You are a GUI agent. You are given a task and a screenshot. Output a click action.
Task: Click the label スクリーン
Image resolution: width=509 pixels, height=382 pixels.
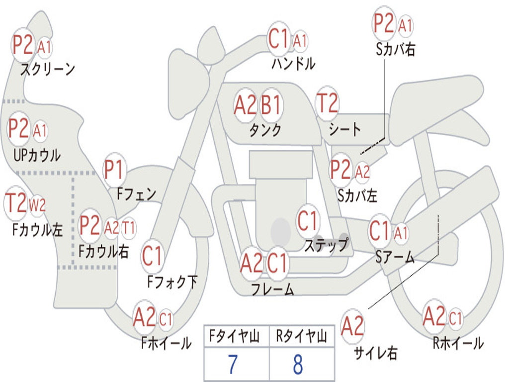point(47,69)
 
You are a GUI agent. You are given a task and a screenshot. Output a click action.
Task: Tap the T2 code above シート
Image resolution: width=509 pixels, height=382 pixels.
point(327,104)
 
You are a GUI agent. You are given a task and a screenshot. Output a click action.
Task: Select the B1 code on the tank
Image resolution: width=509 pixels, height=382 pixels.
point(271,105)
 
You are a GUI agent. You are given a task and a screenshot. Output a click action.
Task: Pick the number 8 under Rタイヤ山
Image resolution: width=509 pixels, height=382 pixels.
point(298,365)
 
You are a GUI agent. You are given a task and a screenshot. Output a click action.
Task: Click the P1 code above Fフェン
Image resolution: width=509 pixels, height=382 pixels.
point(114,171)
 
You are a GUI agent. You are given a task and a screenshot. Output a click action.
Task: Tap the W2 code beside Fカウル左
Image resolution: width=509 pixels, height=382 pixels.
point(38,204)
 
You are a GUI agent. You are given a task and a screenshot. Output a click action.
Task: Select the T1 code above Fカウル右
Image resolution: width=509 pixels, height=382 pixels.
point(128,228)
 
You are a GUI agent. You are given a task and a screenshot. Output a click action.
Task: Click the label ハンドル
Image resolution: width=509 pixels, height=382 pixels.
point(293,64)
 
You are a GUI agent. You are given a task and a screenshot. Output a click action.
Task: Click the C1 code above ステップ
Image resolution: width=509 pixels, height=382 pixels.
point(307,221)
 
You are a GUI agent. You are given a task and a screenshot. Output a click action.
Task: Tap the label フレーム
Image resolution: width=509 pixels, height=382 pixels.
point(272,289)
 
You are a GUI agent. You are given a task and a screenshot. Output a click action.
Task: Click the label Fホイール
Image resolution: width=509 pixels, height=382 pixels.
point(167,343)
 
